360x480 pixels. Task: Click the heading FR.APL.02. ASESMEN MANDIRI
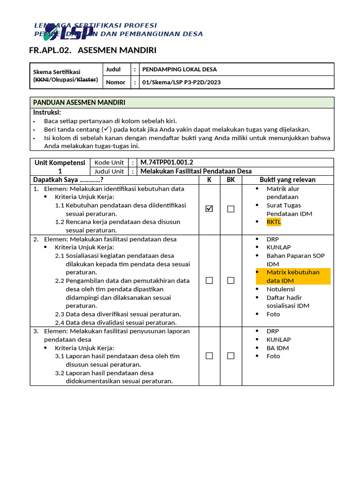click(x=93, y=50)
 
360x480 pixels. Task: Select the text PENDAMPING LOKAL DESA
click(x=180, y=69)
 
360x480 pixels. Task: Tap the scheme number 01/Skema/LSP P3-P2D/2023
click(x=181, y=82)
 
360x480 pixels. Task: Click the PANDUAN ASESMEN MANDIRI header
click(x=79, y=102)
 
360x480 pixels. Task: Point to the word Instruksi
click(x=47, y=112)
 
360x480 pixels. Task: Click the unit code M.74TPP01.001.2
click(x=167, y=162)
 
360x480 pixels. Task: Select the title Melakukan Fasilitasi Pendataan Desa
click(x=196, y=171)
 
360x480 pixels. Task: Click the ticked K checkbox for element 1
click(x=209, y=209)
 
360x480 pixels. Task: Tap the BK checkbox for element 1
click(x=231, y=209)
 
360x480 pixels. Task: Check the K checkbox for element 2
click(x=209, y=280)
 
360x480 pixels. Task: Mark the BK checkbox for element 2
click(x=231, y=280)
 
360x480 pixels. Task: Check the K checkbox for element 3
click(x=209, y=356)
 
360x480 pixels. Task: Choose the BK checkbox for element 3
click(x=231, y=356)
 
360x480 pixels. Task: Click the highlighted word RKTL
click(x=274, y=222)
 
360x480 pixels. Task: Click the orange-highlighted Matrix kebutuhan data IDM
click(x=293, y=276)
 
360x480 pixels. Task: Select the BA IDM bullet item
click(x=277, y=348)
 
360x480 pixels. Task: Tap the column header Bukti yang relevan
click(x=287, y=180)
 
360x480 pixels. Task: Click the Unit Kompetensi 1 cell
click(x=60, y=167)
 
